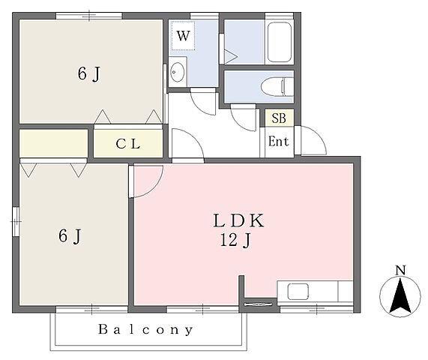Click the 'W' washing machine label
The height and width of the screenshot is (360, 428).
coord(183,36)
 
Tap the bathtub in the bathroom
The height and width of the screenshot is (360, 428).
coord(279,42)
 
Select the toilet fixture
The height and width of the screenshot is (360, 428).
coord(277,86)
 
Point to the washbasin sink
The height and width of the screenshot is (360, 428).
coord(177,72)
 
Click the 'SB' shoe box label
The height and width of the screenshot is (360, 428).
coord(279,118)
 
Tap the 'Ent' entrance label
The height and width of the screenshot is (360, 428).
coord(278,142)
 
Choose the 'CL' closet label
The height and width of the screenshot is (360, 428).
coord(128,144)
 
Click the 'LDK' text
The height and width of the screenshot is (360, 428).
coord(238,220)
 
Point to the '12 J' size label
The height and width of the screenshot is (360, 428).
coord(235,240)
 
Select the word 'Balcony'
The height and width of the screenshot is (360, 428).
coord(145,330)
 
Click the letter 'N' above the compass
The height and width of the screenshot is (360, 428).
coord(400,270)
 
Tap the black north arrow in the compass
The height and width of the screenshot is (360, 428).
coord(400,295)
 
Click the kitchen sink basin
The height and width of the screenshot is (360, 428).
coord(298,292)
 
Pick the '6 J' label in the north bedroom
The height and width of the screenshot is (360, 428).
coord(89,74)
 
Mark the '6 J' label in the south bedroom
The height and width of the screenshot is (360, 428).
coord(70,236)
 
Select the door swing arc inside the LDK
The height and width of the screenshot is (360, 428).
coord(153,186)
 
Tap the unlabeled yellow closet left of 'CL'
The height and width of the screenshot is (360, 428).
coord(53,143)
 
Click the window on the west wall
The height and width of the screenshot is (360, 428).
coord(16,221)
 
